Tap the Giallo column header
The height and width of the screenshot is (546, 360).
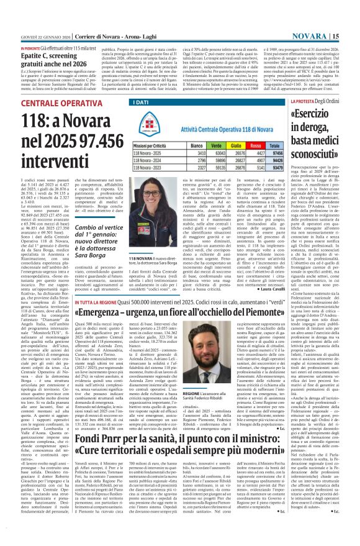238,143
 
